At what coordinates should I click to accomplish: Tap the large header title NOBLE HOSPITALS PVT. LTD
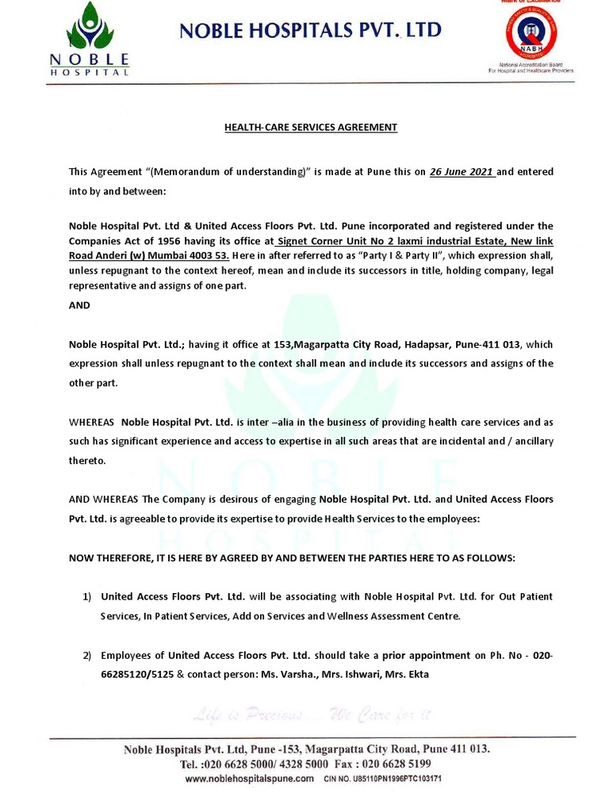[x=311, y=31]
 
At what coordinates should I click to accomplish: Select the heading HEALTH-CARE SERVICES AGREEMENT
[x=310, y=127]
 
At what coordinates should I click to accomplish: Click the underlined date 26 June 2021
[x=462, y=171]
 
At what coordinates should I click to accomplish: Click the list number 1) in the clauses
[x=89, y=596]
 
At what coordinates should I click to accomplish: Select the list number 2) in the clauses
[x=89, y=656]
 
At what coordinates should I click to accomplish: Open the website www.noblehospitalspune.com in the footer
[x=249, y=779]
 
